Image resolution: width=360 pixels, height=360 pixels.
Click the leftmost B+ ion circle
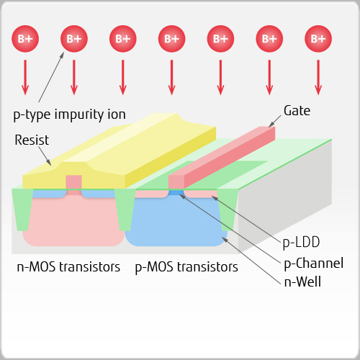coord(24,39)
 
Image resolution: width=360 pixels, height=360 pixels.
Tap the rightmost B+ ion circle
coord(318,39)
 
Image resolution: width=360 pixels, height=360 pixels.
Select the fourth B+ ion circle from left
coord(171,39)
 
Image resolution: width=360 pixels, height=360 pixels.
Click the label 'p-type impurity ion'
coord(69,114)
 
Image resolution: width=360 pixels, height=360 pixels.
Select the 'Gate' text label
coord(297,111)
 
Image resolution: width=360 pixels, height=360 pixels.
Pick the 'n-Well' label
coord(302,282)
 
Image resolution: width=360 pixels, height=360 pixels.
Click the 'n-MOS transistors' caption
coord(68,267)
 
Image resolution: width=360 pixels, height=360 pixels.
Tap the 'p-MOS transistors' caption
coord(186,267)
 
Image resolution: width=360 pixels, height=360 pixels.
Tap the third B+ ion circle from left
coord(122,39)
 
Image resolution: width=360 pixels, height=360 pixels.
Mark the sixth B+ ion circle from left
coord(269,39)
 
